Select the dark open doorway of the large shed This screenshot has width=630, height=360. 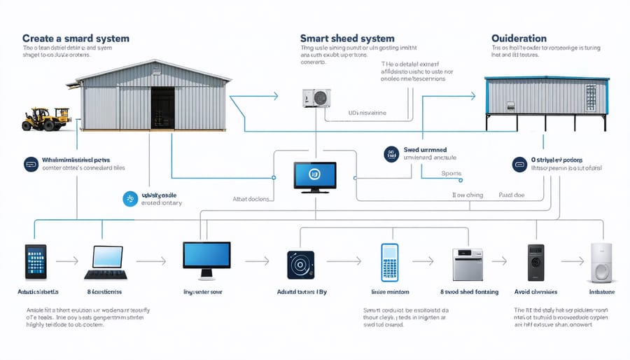[162, 107]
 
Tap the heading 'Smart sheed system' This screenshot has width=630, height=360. [347, 38]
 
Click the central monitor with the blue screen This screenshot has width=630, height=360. [314, 176]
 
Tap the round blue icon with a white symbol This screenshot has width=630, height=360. [130, 199]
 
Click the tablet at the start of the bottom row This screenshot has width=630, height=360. [35, 261]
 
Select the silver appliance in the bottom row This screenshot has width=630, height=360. [468, 265]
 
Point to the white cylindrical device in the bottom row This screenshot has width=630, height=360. [601, 263]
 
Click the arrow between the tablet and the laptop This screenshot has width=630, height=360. [67, 261]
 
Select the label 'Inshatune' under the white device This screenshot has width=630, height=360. [601, 291]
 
